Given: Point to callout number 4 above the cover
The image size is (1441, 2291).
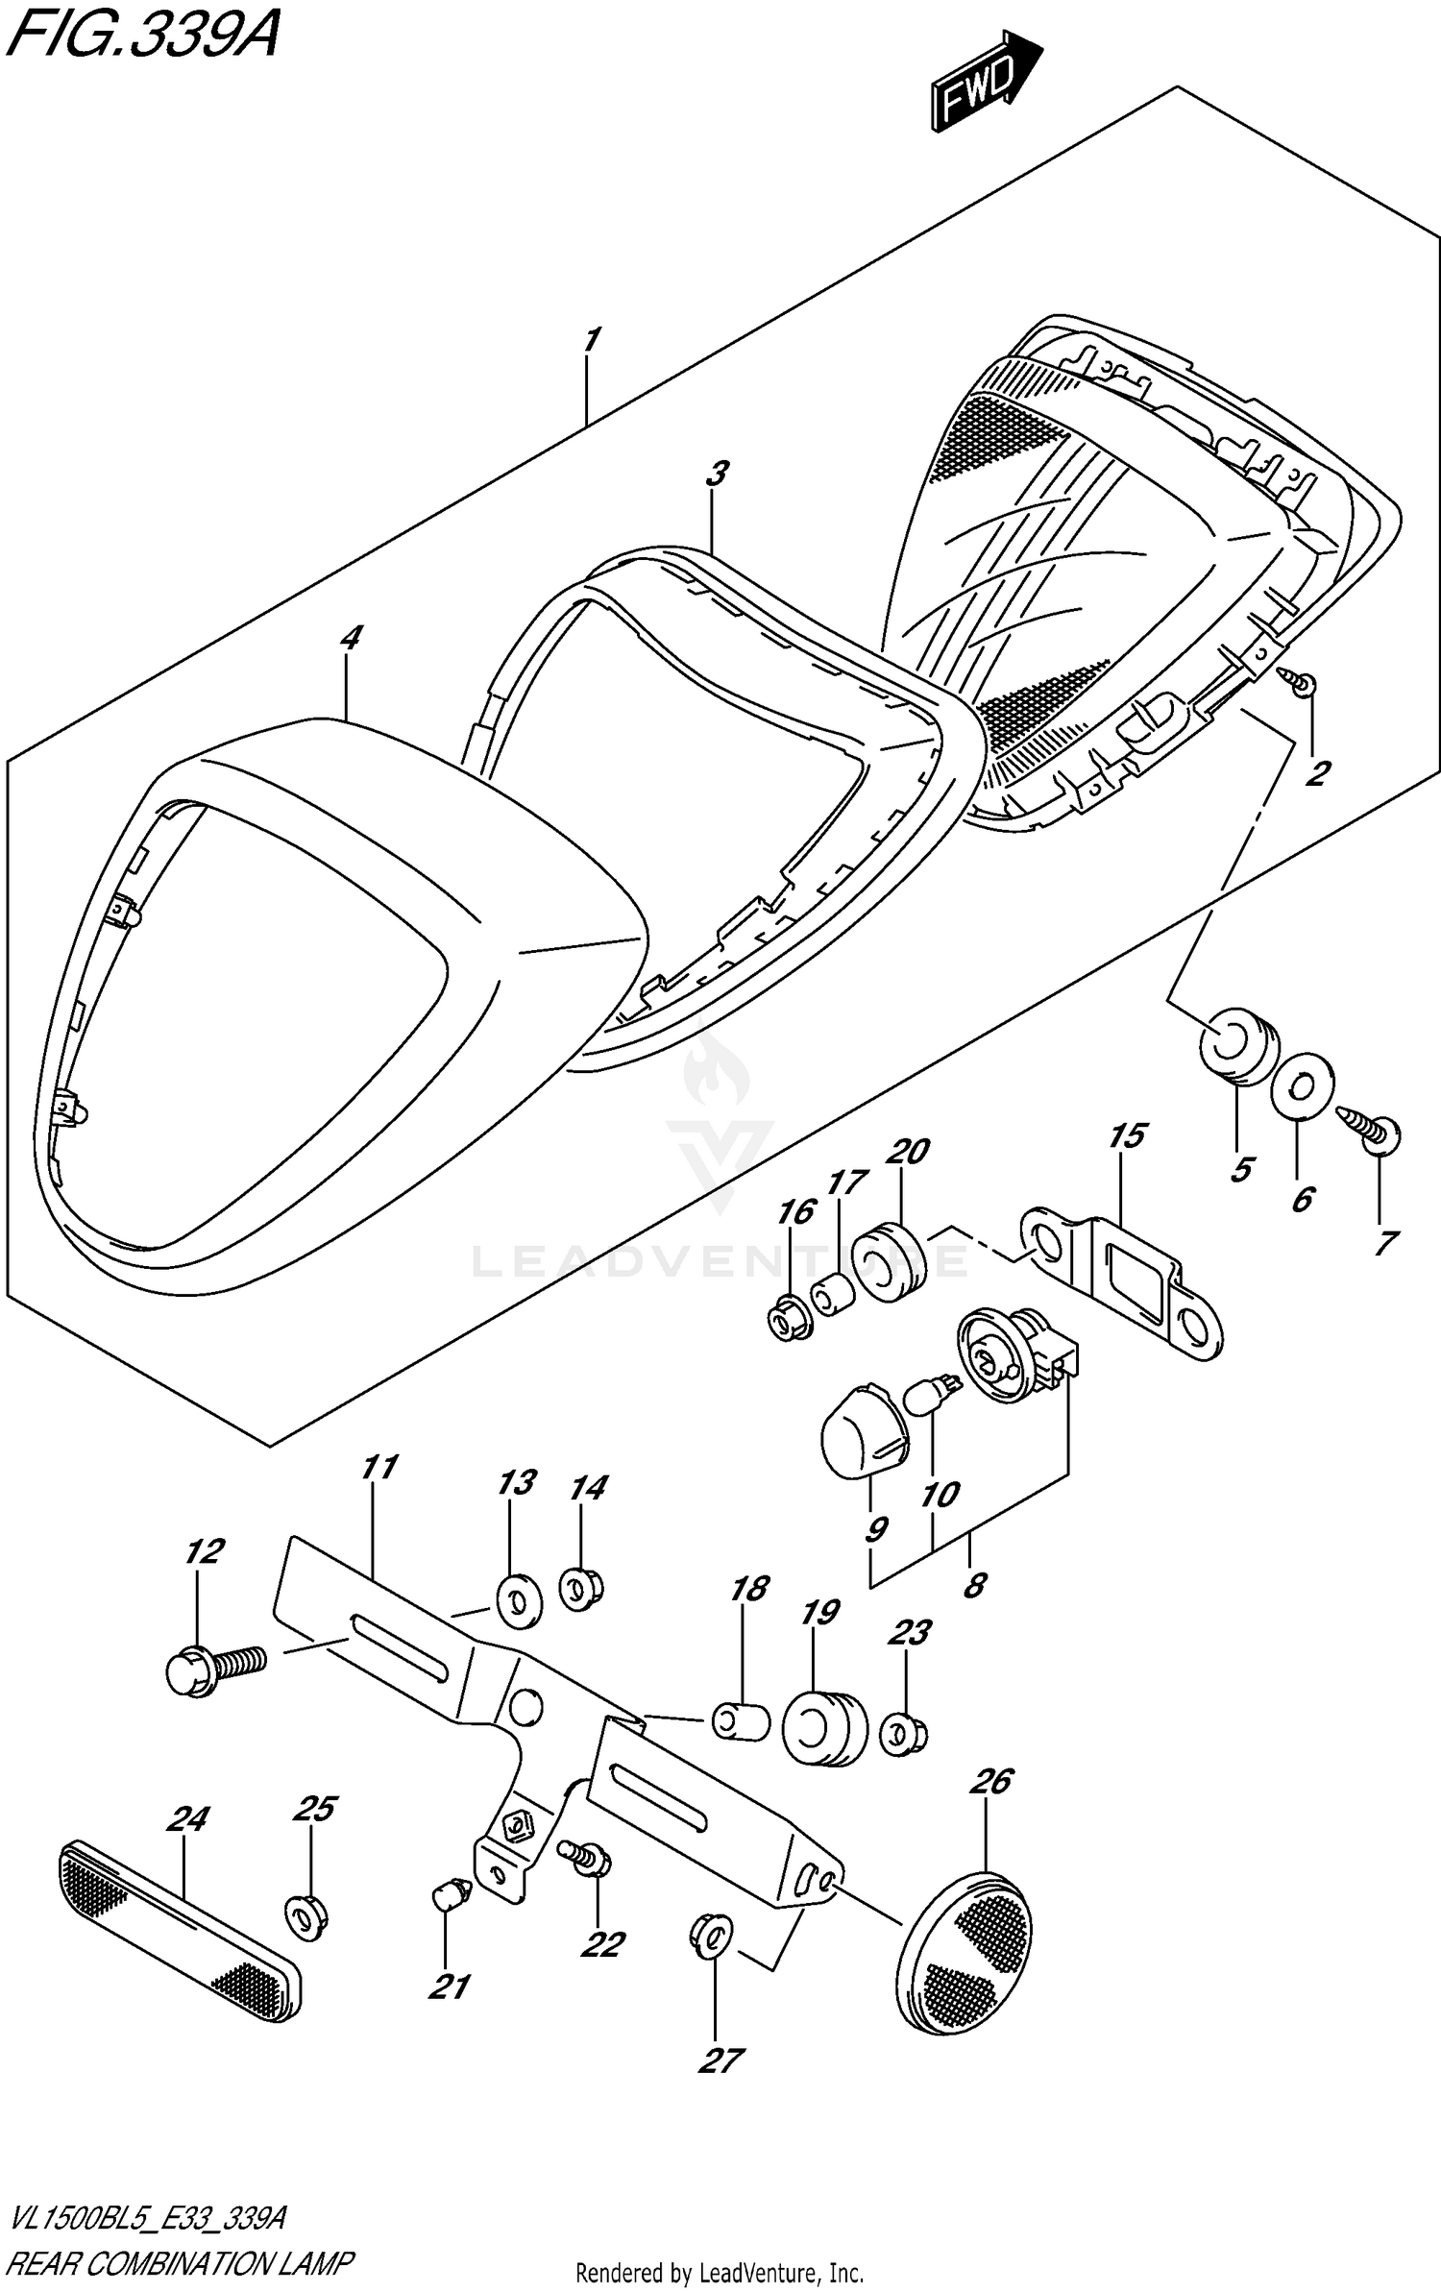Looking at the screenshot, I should tap(351, 637).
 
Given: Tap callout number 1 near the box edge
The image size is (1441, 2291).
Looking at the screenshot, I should tap(591, 340).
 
